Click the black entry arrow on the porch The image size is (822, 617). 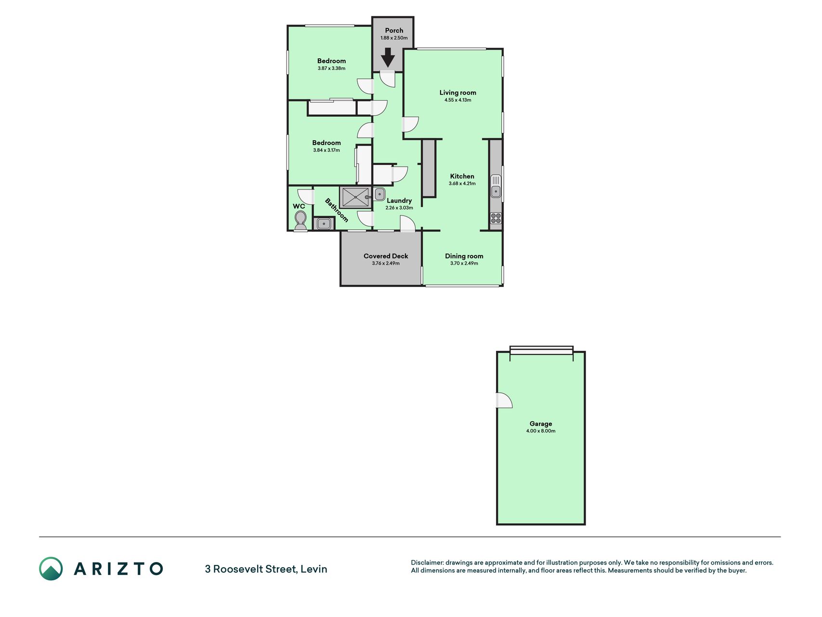point(388,58)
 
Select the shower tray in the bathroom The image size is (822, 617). point(355,197)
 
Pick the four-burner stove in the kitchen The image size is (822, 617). point(496,218)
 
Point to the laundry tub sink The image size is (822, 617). point(379,194)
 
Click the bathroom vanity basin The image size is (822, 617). point(324,224)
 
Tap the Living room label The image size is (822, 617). point(457,93)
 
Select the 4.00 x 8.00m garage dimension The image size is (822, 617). point(541,431)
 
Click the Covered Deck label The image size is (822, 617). point(386,256)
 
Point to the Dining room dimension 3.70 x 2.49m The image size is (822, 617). point(464,263)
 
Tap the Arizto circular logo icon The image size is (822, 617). point(51,569)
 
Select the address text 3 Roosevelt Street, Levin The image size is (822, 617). point(266,569)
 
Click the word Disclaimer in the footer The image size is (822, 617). point(427,563)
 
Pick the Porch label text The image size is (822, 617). point(394,30)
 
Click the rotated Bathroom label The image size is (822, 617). point(337,210)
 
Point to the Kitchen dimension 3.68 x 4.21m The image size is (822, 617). point(462,184)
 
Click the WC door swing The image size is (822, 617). point(305,196)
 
